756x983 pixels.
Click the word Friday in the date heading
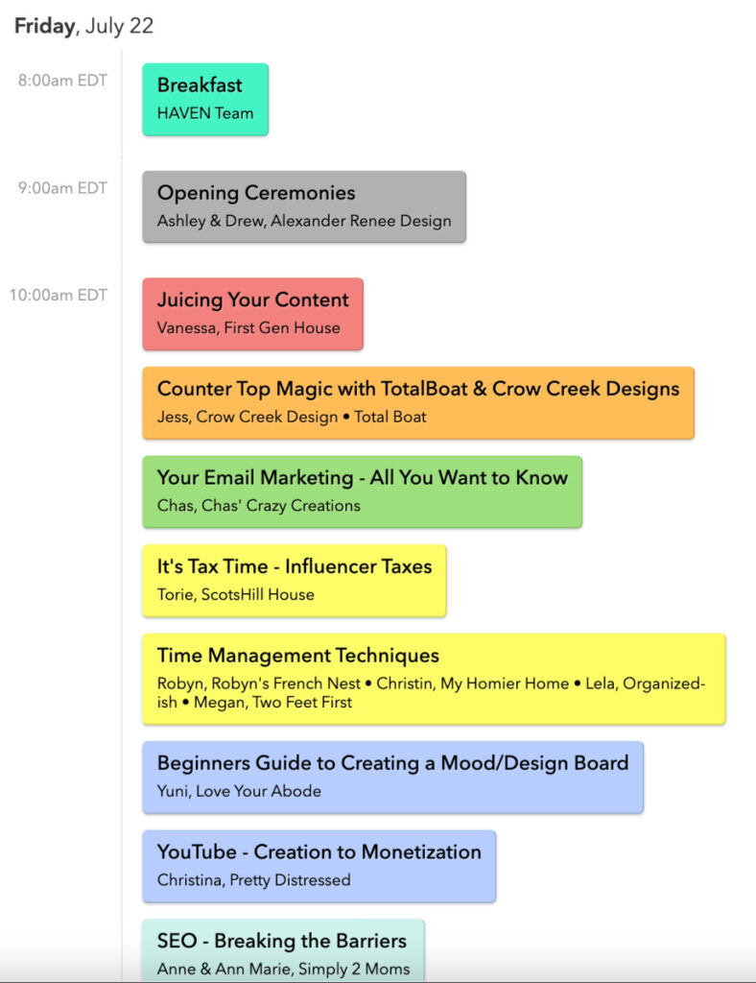point(44,26)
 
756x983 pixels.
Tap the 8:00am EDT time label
point(62,81)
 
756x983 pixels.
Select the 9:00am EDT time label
point(62,188)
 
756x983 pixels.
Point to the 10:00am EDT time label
point(59,295)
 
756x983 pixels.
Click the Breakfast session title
point(200,84)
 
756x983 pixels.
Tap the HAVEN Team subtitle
point(205,113)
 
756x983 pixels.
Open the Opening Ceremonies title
point(256,194)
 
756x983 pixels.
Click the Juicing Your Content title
point(253,300)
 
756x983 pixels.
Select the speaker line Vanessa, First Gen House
point(248,328)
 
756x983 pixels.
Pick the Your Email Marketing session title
point(363,478)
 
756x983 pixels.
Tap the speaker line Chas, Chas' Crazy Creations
point(259,506)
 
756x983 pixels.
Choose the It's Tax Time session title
point(295,566)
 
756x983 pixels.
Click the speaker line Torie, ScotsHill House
point(235,594)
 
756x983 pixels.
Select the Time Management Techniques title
point(298,656)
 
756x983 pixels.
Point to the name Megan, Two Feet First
point(273,702)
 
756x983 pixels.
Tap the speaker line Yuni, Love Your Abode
point(239,791)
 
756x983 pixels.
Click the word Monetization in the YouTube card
point(421,852)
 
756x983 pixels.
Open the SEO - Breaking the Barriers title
point(282,941)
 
